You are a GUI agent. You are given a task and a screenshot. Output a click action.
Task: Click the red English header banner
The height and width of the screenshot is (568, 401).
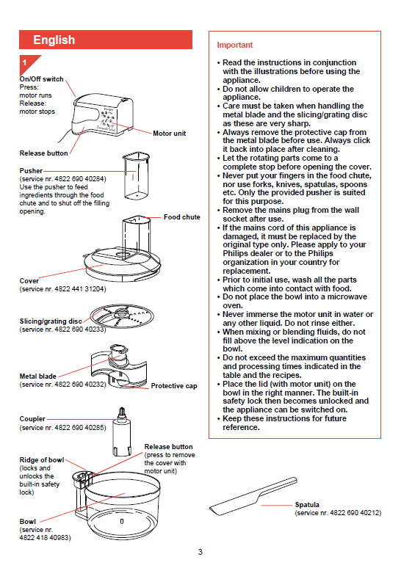click(106, 40)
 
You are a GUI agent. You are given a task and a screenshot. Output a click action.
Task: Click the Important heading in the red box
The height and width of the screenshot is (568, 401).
click(234, 45)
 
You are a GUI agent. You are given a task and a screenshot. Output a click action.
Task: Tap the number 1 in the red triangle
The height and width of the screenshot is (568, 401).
click(25, 62)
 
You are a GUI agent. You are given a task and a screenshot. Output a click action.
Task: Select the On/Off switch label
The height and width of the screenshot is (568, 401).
click(41, 79)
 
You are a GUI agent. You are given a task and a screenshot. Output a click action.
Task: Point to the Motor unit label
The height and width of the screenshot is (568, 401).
click(170, 134)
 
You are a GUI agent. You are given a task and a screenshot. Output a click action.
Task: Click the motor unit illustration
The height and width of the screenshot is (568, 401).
click(98, 114)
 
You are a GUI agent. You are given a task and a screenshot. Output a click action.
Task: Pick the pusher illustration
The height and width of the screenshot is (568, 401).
click(136, 175)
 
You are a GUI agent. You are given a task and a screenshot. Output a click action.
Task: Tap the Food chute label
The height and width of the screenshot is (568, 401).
click(181, 217)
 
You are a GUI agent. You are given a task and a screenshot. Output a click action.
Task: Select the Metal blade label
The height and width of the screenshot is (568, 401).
click(37, 376)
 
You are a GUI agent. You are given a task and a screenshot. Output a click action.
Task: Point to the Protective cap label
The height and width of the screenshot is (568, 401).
click(174, 386)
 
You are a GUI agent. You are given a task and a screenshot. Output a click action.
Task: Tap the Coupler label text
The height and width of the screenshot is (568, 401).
click(32, 419)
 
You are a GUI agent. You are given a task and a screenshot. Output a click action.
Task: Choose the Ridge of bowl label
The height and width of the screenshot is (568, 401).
click(42, 459)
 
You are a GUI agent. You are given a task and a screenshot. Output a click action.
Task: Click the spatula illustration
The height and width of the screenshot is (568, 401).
click(253, 496)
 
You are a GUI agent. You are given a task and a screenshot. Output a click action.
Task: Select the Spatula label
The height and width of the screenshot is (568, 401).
click(307, 505)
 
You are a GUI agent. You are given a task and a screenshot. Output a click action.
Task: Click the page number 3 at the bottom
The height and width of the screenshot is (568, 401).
click(201, 552)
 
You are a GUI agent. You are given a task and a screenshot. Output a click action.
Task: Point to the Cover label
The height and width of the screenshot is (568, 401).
click(29, 281)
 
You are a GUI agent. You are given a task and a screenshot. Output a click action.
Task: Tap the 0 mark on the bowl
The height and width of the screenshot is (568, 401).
click(122, 521)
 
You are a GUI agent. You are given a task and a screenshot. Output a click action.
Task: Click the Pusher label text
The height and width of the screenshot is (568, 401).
click(31, 170)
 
